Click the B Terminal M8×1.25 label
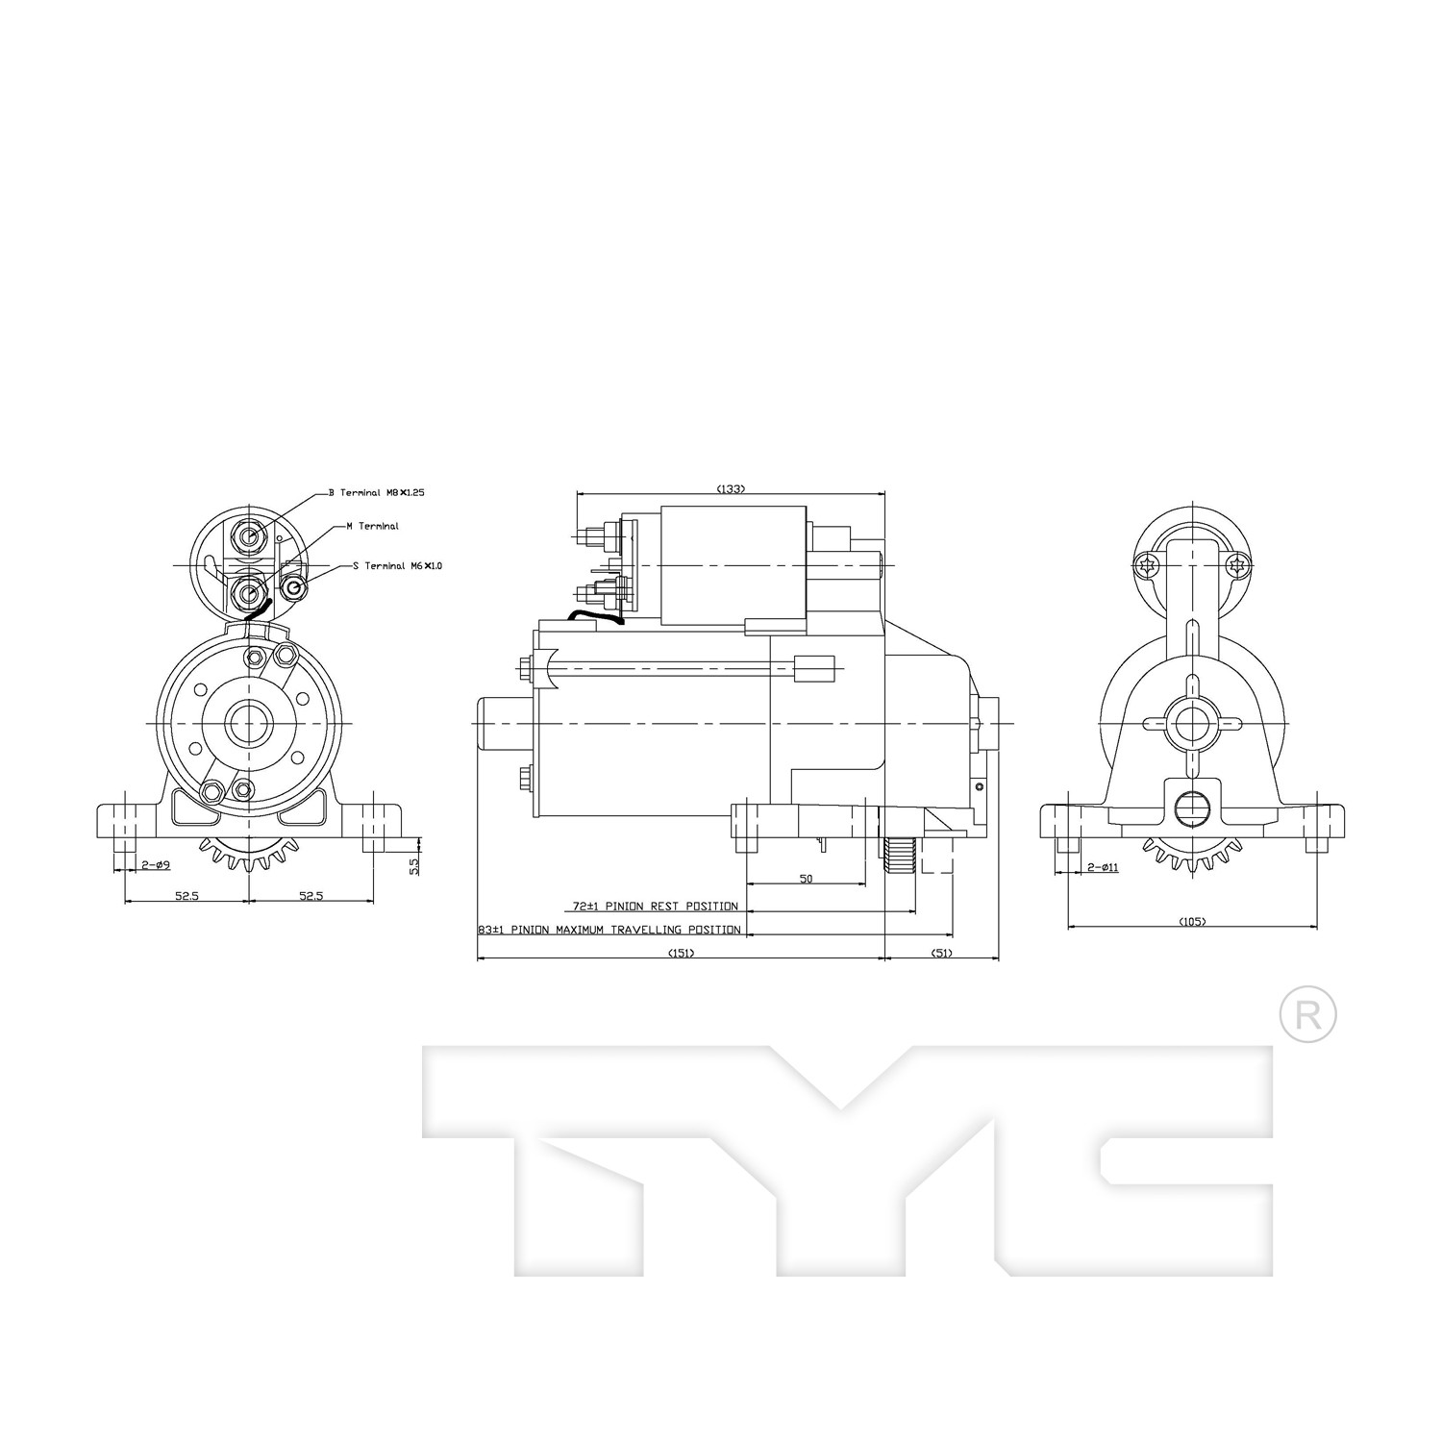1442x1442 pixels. pos(376,492)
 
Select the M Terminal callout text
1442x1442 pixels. pos(372,527)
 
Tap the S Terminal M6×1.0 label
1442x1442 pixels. pos(396,566)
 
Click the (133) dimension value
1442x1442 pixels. pos(731,489)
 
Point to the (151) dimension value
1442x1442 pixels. pos(681,954)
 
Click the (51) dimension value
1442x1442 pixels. pos(942,954)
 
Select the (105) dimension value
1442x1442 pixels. pos(1191,922)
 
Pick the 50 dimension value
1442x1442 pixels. pos(806,879)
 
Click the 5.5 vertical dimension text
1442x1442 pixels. pos(413,866)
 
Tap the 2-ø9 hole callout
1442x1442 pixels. pos(156,865)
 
